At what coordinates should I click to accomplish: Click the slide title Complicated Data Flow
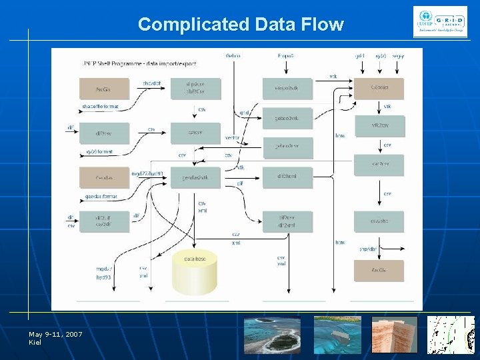coord(241,25)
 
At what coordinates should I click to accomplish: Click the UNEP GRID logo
coord(440,23)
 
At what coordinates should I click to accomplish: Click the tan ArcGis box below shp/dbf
coord(379,270)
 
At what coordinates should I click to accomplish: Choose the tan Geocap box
coord(379,88)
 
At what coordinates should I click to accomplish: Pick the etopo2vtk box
coord(287,88)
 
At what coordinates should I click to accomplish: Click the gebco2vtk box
coord(287,118)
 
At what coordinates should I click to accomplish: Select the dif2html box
coord(287,177)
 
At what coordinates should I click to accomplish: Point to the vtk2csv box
coord(379,125)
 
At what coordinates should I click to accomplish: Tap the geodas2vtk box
coord(195,177)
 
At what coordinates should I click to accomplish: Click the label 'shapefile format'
coord(100,107)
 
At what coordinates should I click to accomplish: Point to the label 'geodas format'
coord(101,197)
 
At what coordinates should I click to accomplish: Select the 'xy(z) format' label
coord(100,152)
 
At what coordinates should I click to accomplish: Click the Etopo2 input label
coord(285,55)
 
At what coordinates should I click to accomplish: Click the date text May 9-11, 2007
coord(55,334)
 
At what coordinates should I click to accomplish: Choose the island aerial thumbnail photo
coord(271,334)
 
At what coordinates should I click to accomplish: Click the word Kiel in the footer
coord(35,342)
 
